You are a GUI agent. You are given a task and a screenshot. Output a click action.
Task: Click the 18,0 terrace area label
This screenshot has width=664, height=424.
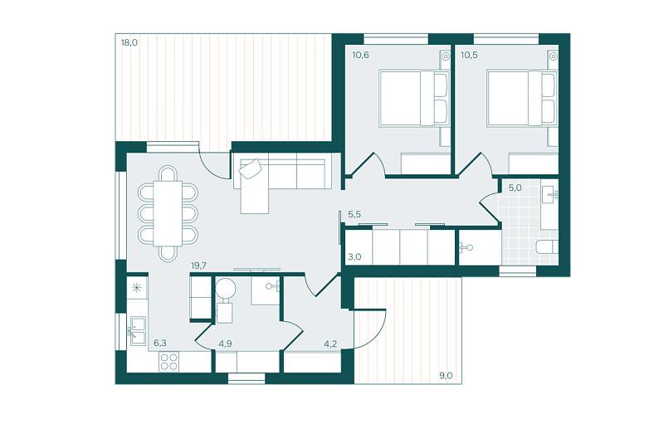pos(129,42)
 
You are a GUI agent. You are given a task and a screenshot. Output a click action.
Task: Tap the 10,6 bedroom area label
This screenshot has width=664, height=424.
pos(360,55)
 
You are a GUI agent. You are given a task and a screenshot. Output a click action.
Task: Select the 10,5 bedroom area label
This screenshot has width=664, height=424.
pos(469,55)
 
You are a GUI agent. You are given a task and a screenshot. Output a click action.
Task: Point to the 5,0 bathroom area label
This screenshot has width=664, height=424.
pos(515,188)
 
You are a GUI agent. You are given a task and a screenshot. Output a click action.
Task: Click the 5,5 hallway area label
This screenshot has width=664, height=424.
pos(354,215)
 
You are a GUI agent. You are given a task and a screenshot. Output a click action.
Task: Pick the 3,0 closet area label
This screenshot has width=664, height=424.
pos(354,256)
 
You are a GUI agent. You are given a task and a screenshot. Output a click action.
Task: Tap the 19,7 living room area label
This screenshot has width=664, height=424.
pos(198,266)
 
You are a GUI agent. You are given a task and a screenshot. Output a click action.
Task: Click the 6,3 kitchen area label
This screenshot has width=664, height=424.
pos(160,343)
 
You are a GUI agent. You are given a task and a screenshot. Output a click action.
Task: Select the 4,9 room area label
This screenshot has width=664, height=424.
pos(225,344)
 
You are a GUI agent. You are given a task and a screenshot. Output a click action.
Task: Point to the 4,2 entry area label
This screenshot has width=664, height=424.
pos(330,344)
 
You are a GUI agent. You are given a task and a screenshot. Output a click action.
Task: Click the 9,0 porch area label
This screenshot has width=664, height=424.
pos(446,375)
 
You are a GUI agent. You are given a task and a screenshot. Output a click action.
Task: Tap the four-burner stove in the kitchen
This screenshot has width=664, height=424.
pos(168,362)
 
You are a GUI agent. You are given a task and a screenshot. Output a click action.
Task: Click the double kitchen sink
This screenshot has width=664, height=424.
pos(138,331)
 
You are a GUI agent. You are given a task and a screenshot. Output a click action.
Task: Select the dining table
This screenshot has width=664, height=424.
pos(168,213)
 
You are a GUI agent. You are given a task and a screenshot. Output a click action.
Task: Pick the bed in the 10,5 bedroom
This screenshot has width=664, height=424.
pos(522,98)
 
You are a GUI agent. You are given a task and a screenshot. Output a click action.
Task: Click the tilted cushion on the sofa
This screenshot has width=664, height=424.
pos(250,169)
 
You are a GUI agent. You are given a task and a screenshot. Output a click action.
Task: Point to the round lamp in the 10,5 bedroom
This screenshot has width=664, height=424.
pos(553,56)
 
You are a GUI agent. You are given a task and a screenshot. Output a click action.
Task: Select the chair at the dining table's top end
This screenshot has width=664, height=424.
pos(168,174)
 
